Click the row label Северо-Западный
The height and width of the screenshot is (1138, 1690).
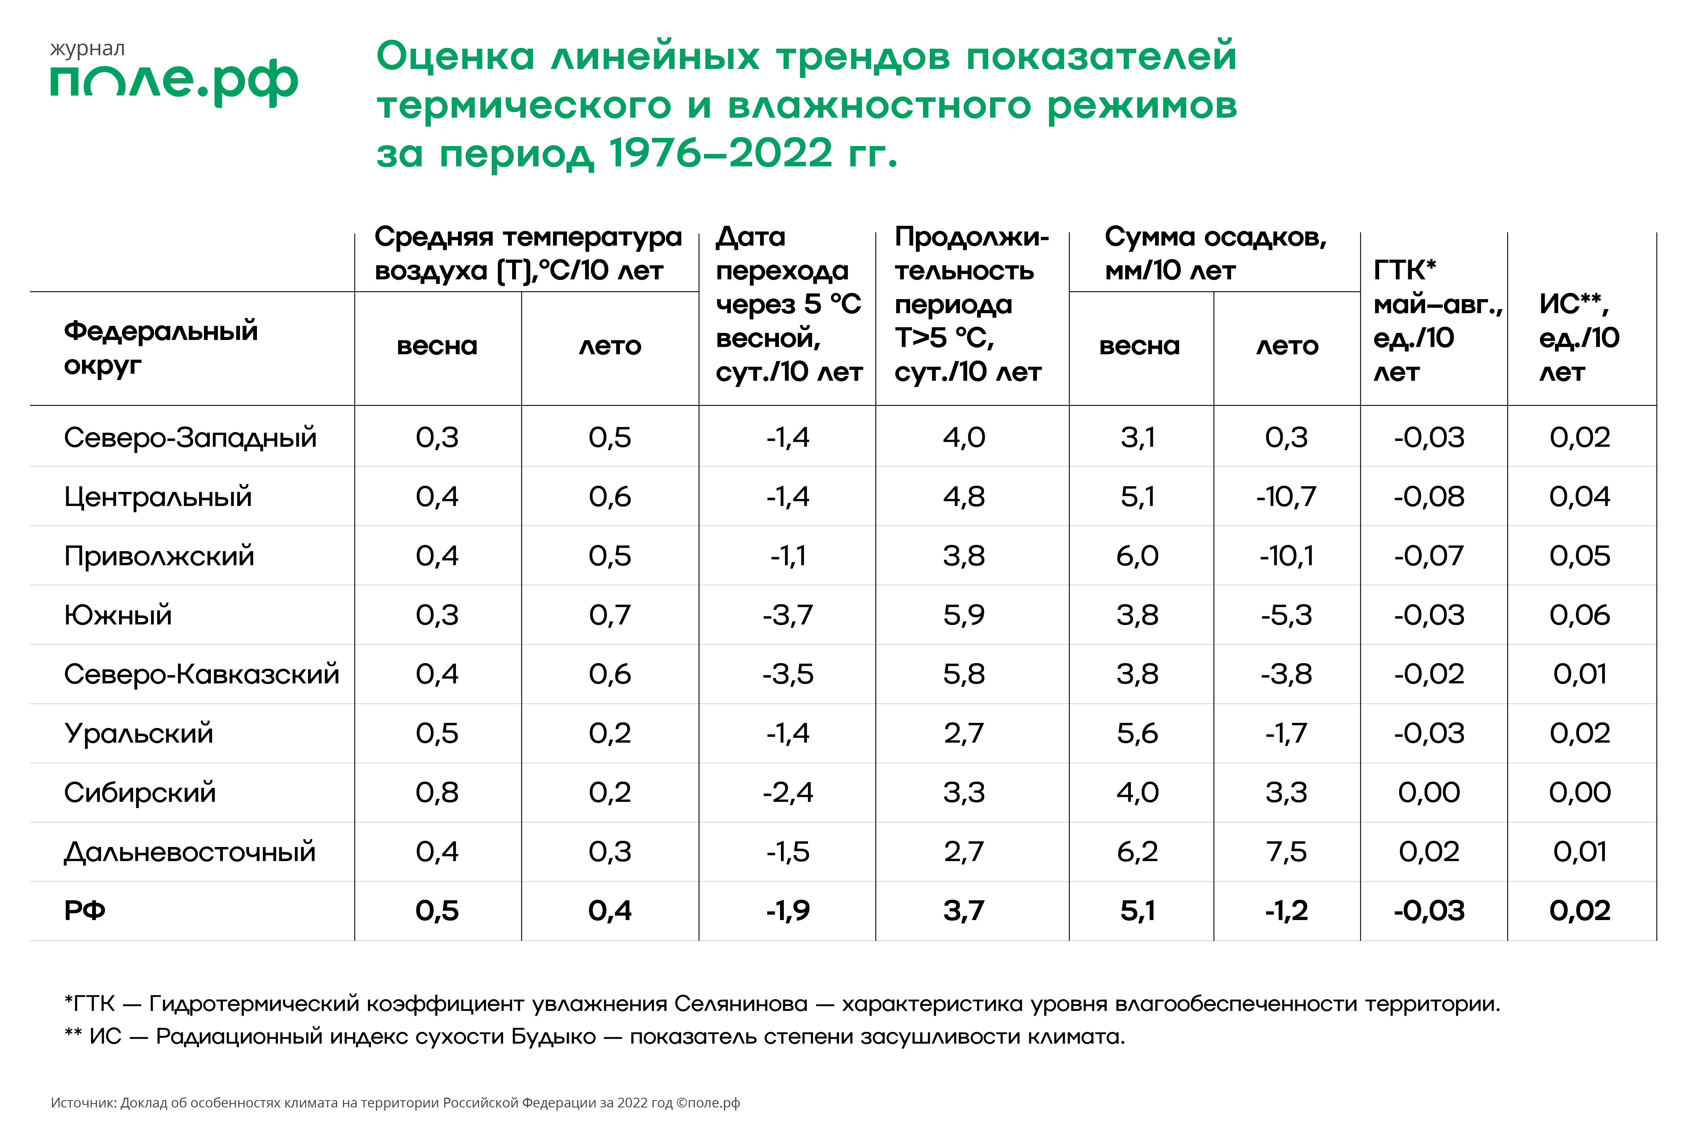click(x=190, y=438)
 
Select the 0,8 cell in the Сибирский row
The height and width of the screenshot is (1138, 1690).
click(x=437, y=793)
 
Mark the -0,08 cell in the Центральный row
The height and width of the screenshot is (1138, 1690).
click(x=1429, y=497)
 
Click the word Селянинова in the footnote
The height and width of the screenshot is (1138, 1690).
click(x=740, y=1004)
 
